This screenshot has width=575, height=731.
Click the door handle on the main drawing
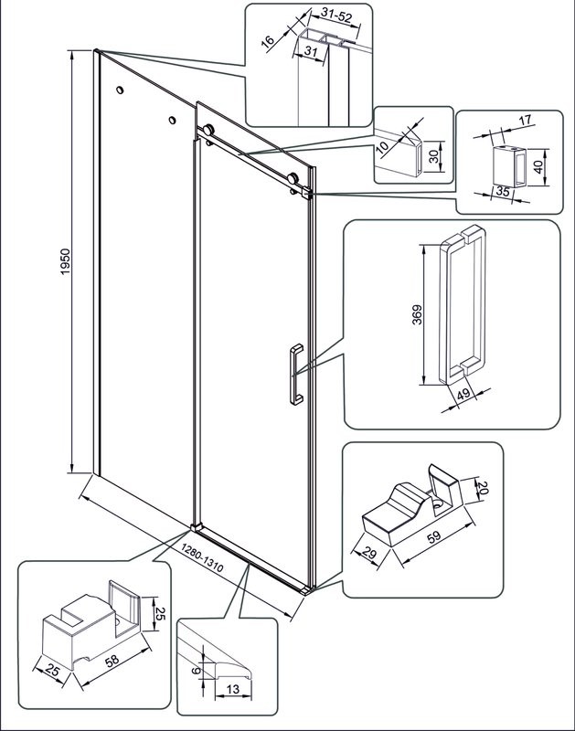[294, 373]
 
